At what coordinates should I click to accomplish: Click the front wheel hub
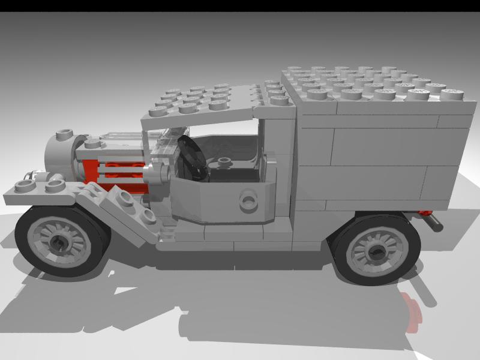click(60, 242)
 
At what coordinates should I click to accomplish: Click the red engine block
click(114, 171)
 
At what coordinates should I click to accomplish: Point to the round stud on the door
click(247, 200)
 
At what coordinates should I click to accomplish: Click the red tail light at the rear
click(425, 213)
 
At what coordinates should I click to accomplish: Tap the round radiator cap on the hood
click(63, 134)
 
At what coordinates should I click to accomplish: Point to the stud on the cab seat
click(225, 161)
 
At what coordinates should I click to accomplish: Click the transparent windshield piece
click(162, 150)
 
